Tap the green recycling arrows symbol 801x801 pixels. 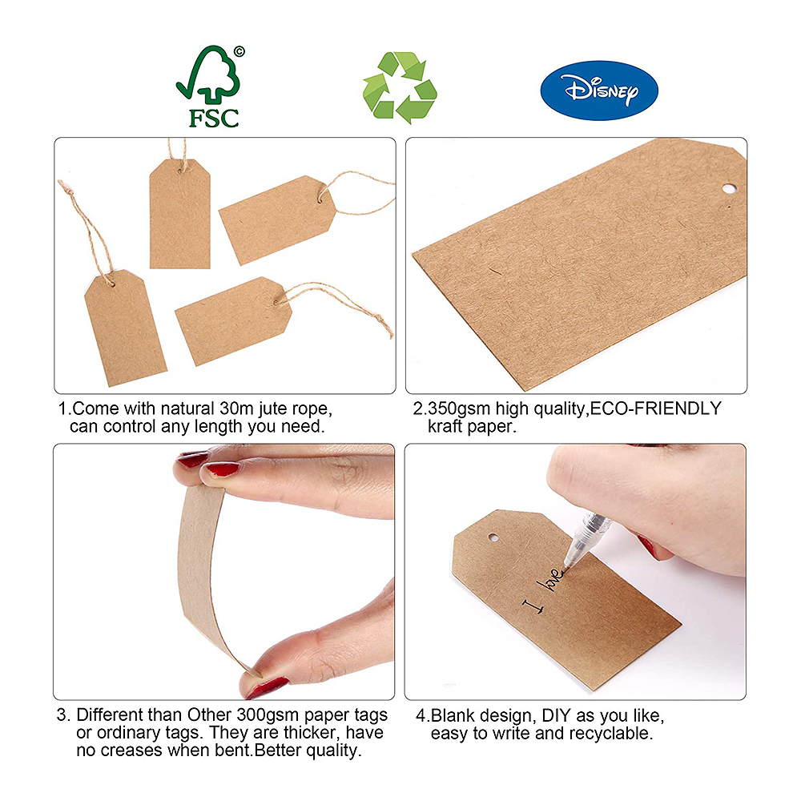(400, 88)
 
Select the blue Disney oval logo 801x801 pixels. (599, 91)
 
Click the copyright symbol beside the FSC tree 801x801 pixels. (239, 51)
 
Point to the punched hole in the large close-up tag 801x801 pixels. (729, 189)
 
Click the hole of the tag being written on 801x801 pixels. (493, 537)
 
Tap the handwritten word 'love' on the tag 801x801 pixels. (551, 579)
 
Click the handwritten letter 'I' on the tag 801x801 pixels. (533, 606)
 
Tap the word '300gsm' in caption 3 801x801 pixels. (268, 715)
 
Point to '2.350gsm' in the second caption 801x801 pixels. (452, 409)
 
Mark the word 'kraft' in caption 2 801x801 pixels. (445, 426)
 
